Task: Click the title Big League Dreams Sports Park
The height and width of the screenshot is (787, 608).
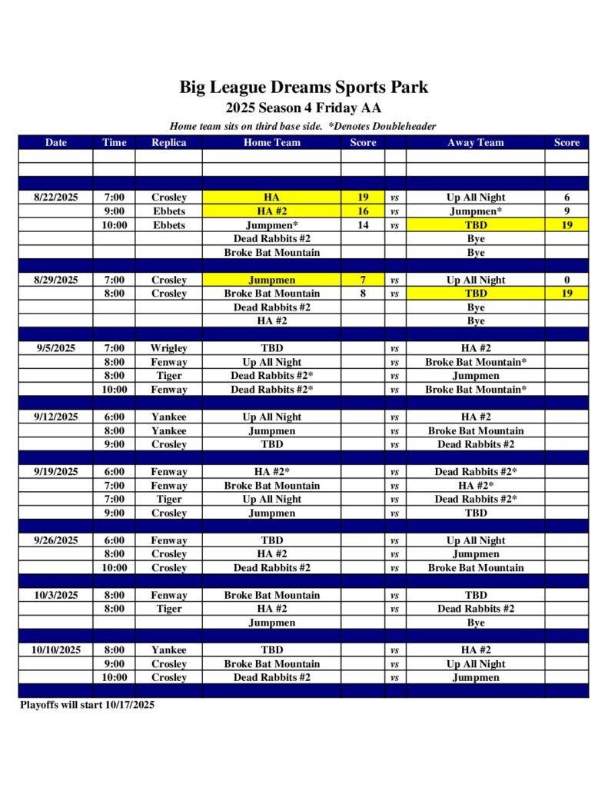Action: (304, 87)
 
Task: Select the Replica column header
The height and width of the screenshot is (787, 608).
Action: (168, 142)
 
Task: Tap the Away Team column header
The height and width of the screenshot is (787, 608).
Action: (475, 142)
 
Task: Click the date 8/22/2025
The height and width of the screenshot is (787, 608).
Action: (56, 198)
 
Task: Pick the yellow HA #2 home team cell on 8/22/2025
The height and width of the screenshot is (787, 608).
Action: (271, 211)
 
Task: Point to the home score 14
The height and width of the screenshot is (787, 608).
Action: (363, 225)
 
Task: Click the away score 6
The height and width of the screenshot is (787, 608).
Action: (566, 198)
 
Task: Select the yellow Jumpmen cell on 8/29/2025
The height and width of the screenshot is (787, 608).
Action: (271, 281)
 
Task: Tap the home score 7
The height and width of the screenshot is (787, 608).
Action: (363, 281)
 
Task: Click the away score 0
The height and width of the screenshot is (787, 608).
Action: (566, 281)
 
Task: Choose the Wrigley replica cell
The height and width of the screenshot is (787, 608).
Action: (168, 348)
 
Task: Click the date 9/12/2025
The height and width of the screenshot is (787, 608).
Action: (56, 417)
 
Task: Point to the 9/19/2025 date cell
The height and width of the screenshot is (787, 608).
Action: (56, 472)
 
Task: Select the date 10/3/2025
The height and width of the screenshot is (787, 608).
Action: (56, 595)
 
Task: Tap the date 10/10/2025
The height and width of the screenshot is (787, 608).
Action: (56, 650)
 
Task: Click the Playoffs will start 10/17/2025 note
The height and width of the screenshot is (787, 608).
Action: (86, 705)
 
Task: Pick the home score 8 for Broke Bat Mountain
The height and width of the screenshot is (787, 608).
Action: (363, 294)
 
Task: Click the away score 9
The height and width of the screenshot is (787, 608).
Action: (566, 211)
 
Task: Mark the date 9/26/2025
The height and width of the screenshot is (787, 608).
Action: (56, 540)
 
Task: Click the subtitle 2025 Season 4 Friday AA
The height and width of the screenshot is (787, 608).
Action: (304, 108)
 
